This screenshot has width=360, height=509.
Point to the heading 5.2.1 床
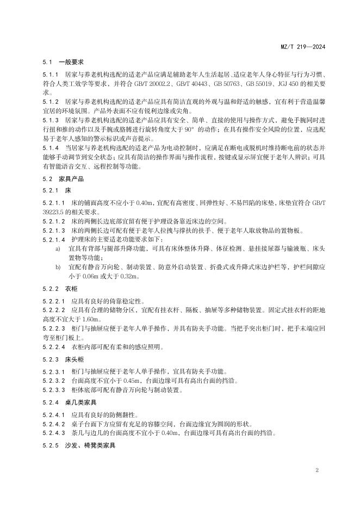click(x=57, y=191)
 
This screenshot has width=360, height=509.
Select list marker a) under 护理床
click(x=58, y=248)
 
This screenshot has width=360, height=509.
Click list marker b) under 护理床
click(x=58, y=268)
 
